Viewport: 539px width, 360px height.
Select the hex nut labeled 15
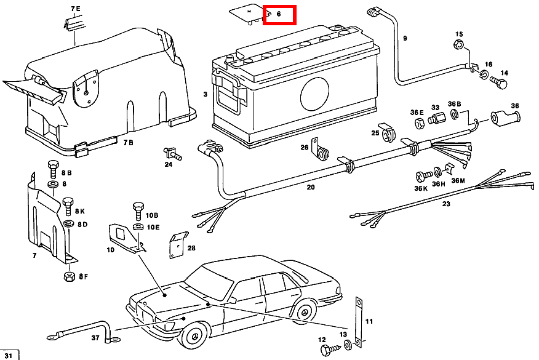458,44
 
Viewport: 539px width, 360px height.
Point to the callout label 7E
76,9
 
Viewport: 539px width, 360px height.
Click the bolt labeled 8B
52,166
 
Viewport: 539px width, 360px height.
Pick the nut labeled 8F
68,276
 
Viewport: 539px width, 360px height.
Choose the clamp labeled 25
387,131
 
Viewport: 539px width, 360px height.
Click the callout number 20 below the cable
311,186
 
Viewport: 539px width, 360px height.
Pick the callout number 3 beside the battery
205,94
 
